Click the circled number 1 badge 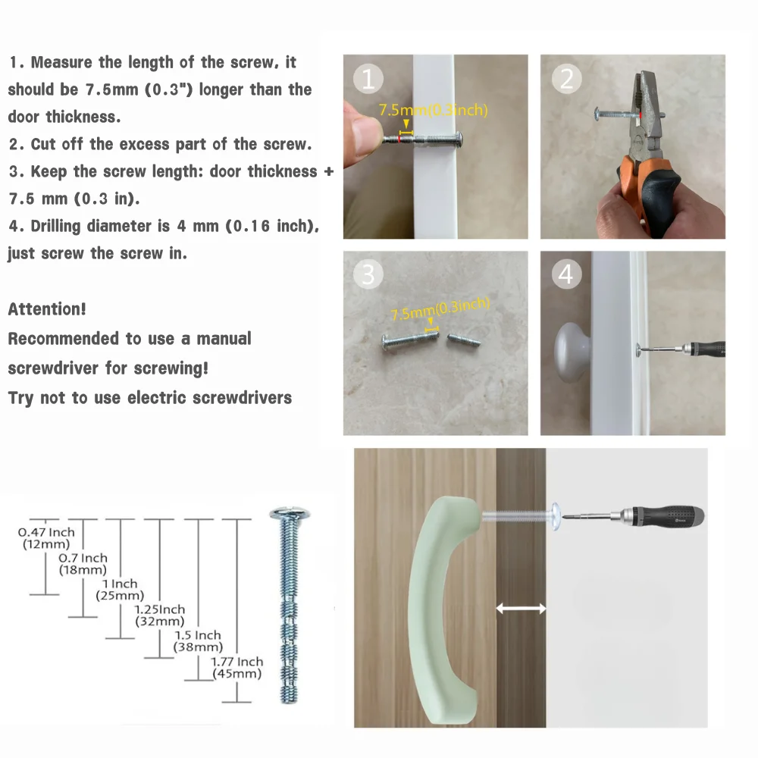[x=368, y=79]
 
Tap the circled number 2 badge [x=566, y=79]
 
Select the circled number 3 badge [x=368, y=274]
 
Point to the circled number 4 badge [x=566, y=274]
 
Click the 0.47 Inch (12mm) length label [x=46, y=538]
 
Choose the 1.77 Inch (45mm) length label [x=236, y=668]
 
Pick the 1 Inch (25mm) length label [x=120, y=590]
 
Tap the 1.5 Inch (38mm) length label [x=198, y=641]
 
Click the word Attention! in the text [x=47, y=309]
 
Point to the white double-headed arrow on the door [x=522, y=609]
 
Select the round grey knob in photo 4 [x=572, y=352]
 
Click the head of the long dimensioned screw [x=290, y=513]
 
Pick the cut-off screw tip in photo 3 [x=464, y=340]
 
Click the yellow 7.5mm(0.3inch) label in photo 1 [x=433, y=110]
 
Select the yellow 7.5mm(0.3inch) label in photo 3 [x=440, y=309]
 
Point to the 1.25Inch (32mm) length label [x=159, y=615]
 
